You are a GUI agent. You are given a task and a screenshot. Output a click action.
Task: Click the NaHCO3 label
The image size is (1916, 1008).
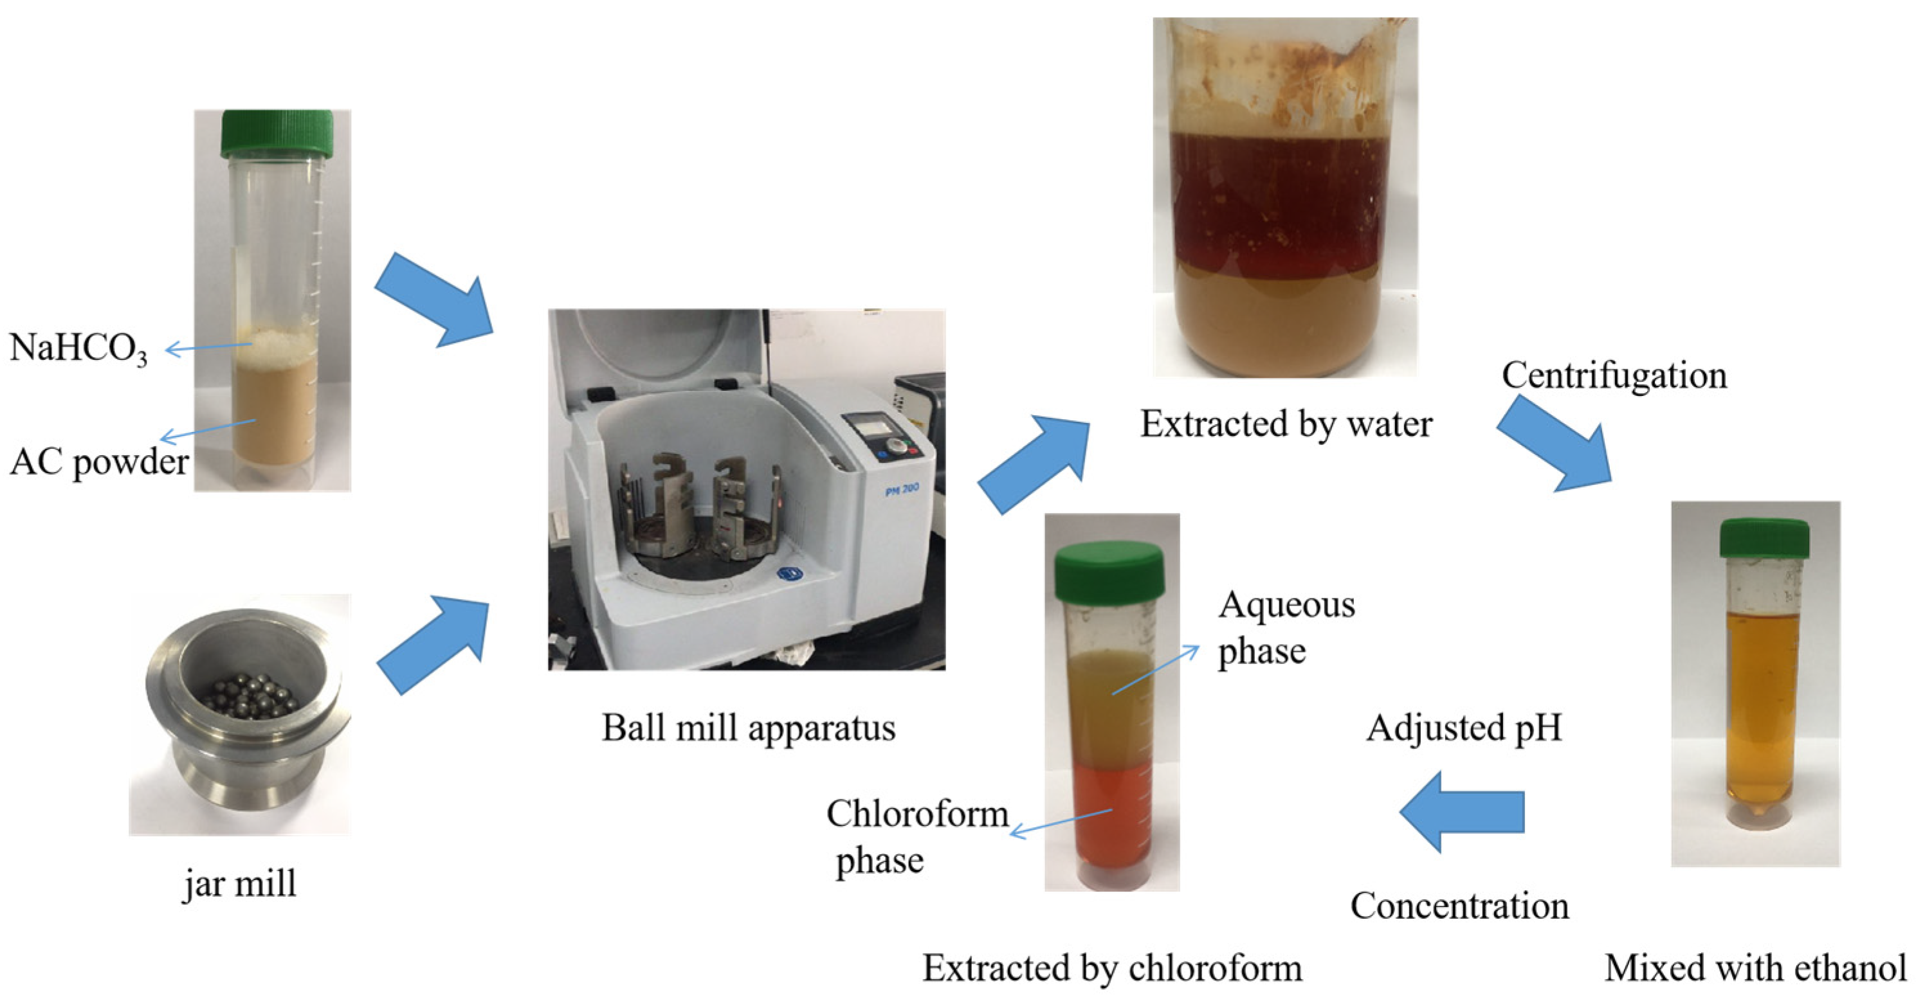pos(78,348)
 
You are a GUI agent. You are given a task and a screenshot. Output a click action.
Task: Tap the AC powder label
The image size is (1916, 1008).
pos(99,462)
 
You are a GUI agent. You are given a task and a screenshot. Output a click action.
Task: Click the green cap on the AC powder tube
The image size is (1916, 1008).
pos(276,133)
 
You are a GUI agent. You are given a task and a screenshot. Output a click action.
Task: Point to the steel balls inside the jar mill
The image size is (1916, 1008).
pos(253,695)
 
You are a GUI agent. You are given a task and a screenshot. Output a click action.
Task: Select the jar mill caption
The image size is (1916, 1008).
pos(239,884)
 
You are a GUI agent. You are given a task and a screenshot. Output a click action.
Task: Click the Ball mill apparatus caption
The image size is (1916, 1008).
pos(748,727)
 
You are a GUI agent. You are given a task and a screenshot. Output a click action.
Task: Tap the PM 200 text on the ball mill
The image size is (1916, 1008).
pos(902,490)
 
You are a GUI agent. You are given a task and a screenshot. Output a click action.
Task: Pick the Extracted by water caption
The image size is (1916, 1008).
pos(1286,424)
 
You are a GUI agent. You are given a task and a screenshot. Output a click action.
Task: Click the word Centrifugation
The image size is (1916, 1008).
pos(1614,375)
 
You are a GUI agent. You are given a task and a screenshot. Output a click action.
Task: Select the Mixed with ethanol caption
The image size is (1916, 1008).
pos(1755,968)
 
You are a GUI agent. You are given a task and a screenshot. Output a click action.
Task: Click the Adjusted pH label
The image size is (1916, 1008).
pos(1464,727)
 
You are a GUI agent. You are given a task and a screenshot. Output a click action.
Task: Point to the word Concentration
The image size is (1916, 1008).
pos(1459,905)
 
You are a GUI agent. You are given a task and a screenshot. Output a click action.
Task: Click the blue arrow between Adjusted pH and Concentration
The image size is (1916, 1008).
pos(1461,811)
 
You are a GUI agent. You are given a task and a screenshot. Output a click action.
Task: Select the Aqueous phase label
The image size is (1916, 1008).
pos(1285,627)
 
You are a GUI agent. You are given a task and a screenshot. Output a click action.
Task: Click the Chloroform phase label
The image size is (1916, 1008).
pos(917,836)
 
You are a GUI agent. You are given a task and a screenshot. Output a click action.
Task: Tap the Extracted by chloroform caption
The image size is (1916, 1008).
pos(1112,968)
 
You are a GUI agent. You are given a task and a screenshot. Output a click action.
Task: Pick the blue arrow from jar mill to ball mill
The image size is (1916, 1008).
pos(436,643)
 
